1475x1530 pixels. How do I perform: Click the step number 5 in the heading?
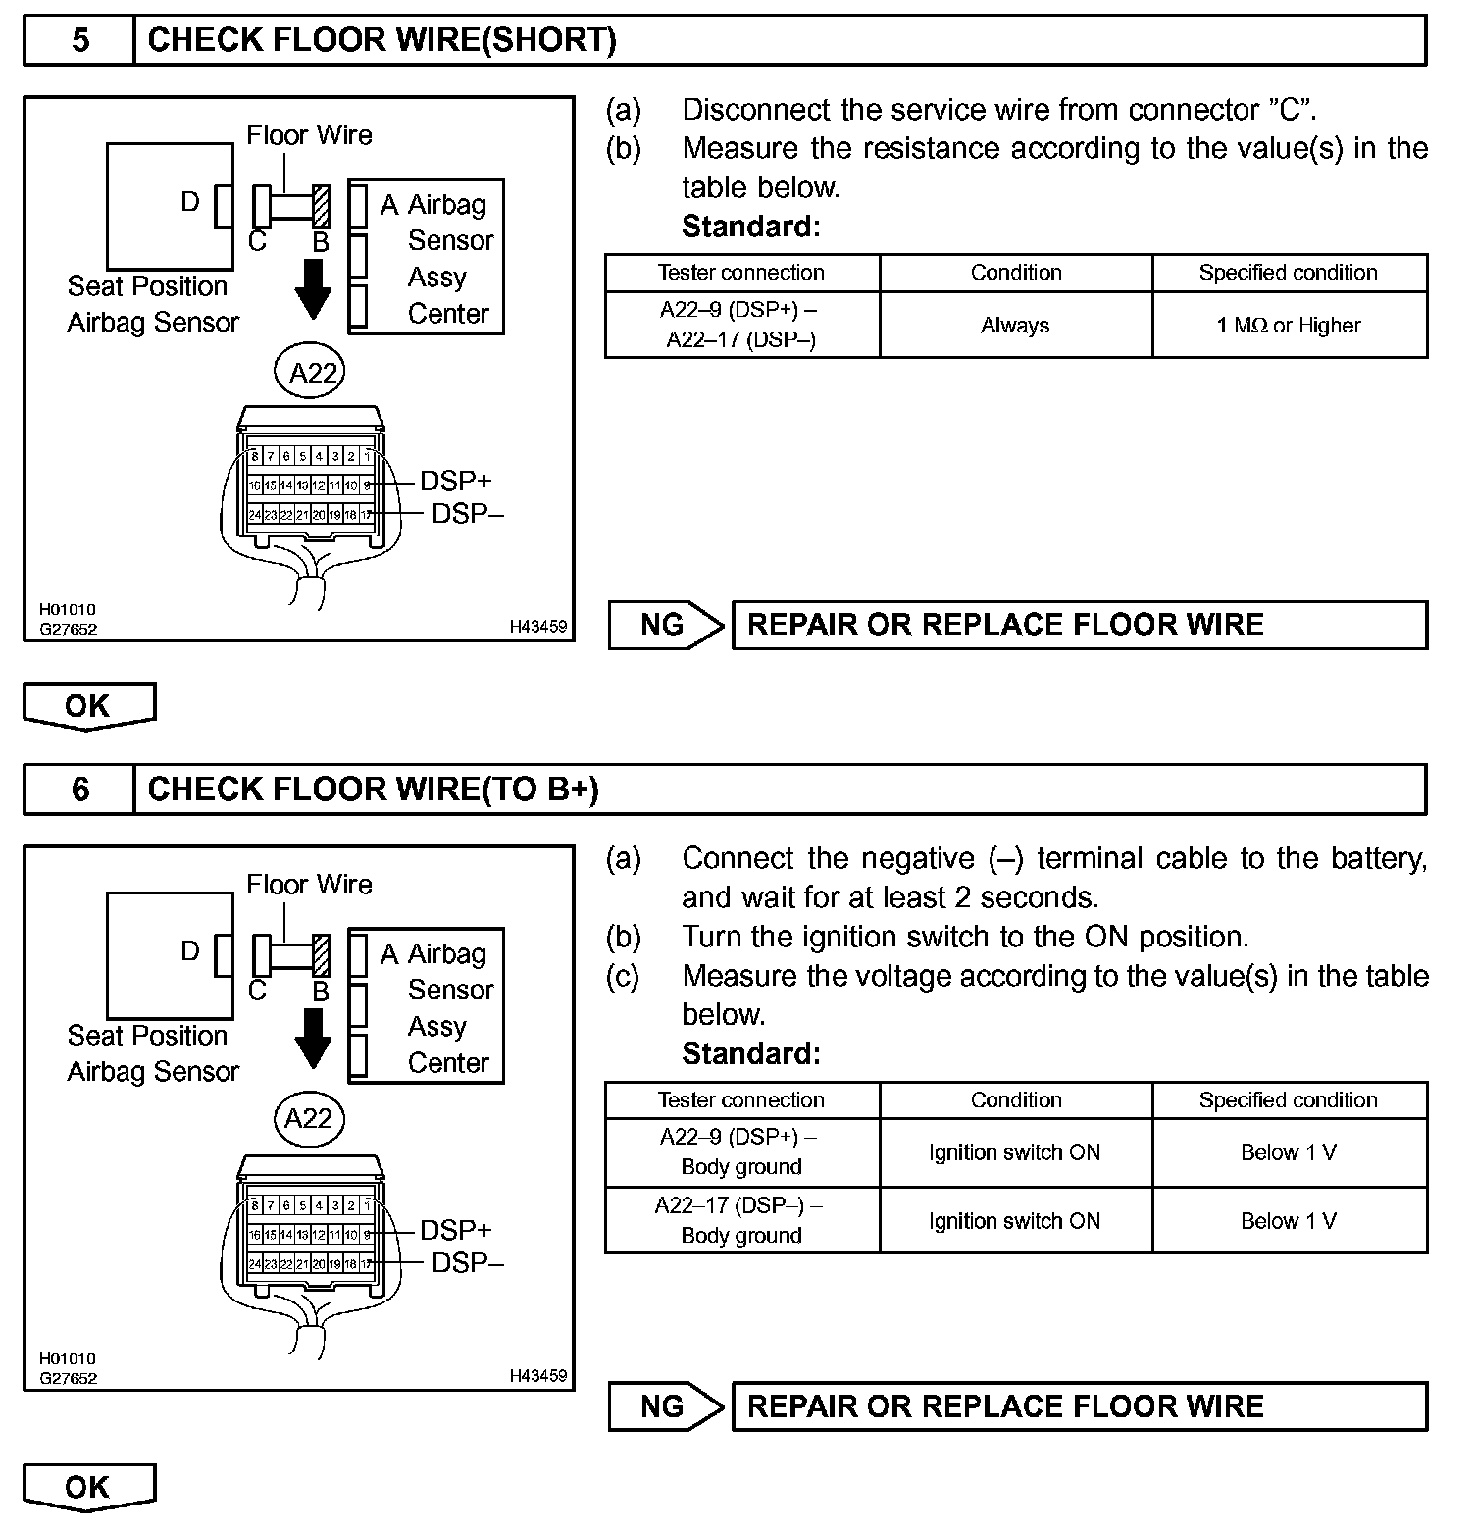(80, 40)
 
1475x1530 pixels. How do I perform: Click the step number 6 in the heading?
(80, 790)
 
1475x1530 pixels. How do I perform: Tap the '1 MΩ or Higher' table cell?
(1289, 326)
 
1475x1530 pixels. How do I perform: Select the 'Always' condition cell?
(1015, 326)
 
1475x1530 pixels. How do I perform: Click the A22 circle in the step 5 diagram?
(313, 372)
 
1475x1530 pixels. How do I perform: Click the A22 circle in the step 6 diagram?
(309, 1119)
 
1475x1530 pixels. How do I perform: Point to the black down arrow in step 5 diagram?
(314, 288)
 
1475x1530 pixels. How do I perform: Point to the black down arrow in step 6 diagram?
(314, 1038)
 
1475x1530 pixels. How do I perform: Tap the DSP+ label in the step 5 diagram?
(455, 481)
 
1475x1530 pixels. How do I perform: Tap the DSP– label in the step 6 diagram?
(467, 1262)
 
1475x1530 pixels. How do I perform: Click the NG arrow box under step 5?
(666, 625)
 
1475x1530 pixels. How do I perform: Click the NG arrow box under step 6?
(666, 1406)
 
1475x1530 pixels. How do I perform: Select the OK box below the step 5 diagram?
(88, 706)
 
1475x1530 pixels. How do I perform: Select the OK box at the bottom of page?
(88, 1487)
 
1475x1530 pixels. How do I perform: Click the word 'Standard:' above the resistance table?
(750, 227)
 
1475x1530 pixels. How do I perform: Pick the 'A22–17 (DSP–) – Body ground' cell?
(741, 1220)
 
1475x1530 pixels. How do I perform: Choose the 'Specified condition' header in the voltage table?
(1288, 1100)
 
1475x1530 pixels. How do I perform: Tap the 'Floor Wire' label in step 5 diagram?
(309, 135)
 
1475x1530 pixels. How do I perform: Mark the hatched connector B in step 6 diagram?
(321, 954)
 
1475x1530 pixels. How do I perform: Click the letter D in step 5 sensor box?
(190, 202)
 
